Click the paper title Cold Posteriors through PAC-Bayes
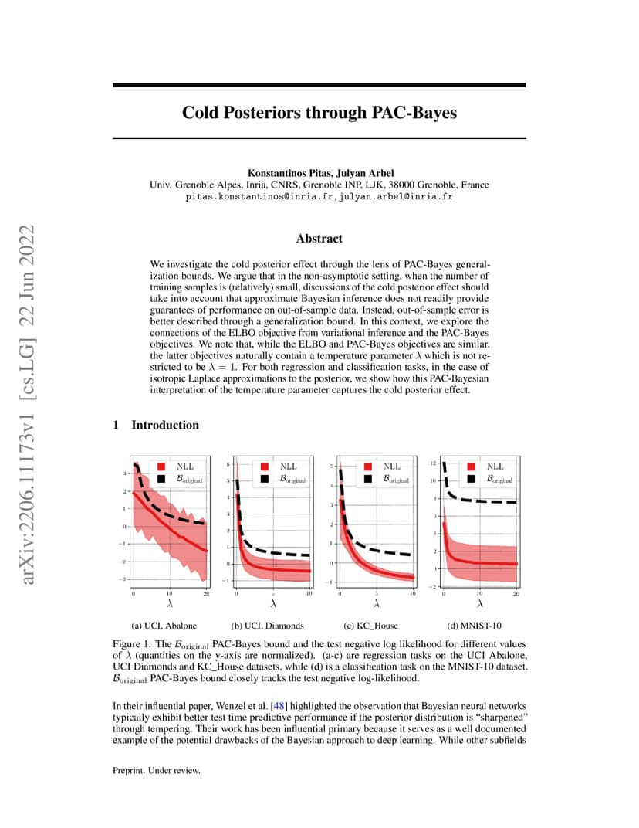tap(319, 113)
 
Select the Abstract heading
tap(319, 239)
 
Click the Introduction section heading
tap(165, 425)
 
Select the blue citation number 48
tap(279, 706)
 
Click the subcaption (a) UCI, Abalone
tap(164, 626)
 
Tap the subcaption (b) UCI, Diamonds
tap(268, 626)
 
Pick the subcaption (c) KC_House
tap(371, 626)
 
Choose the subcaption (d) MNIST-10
tap(475, 626)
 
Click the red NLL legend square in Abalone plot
tap(161, 467)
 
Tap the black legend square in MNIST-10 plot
tap(472, 478)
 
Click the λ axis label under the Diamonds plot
tap(273, 603)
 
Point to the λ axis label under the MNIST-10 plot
tap(480, 603)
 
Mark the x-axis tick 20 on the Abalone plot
tap(206, 593)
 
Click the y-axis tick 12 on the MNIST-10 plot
tap(433, 463)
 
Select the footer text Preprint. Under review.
tap(157, 770)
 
